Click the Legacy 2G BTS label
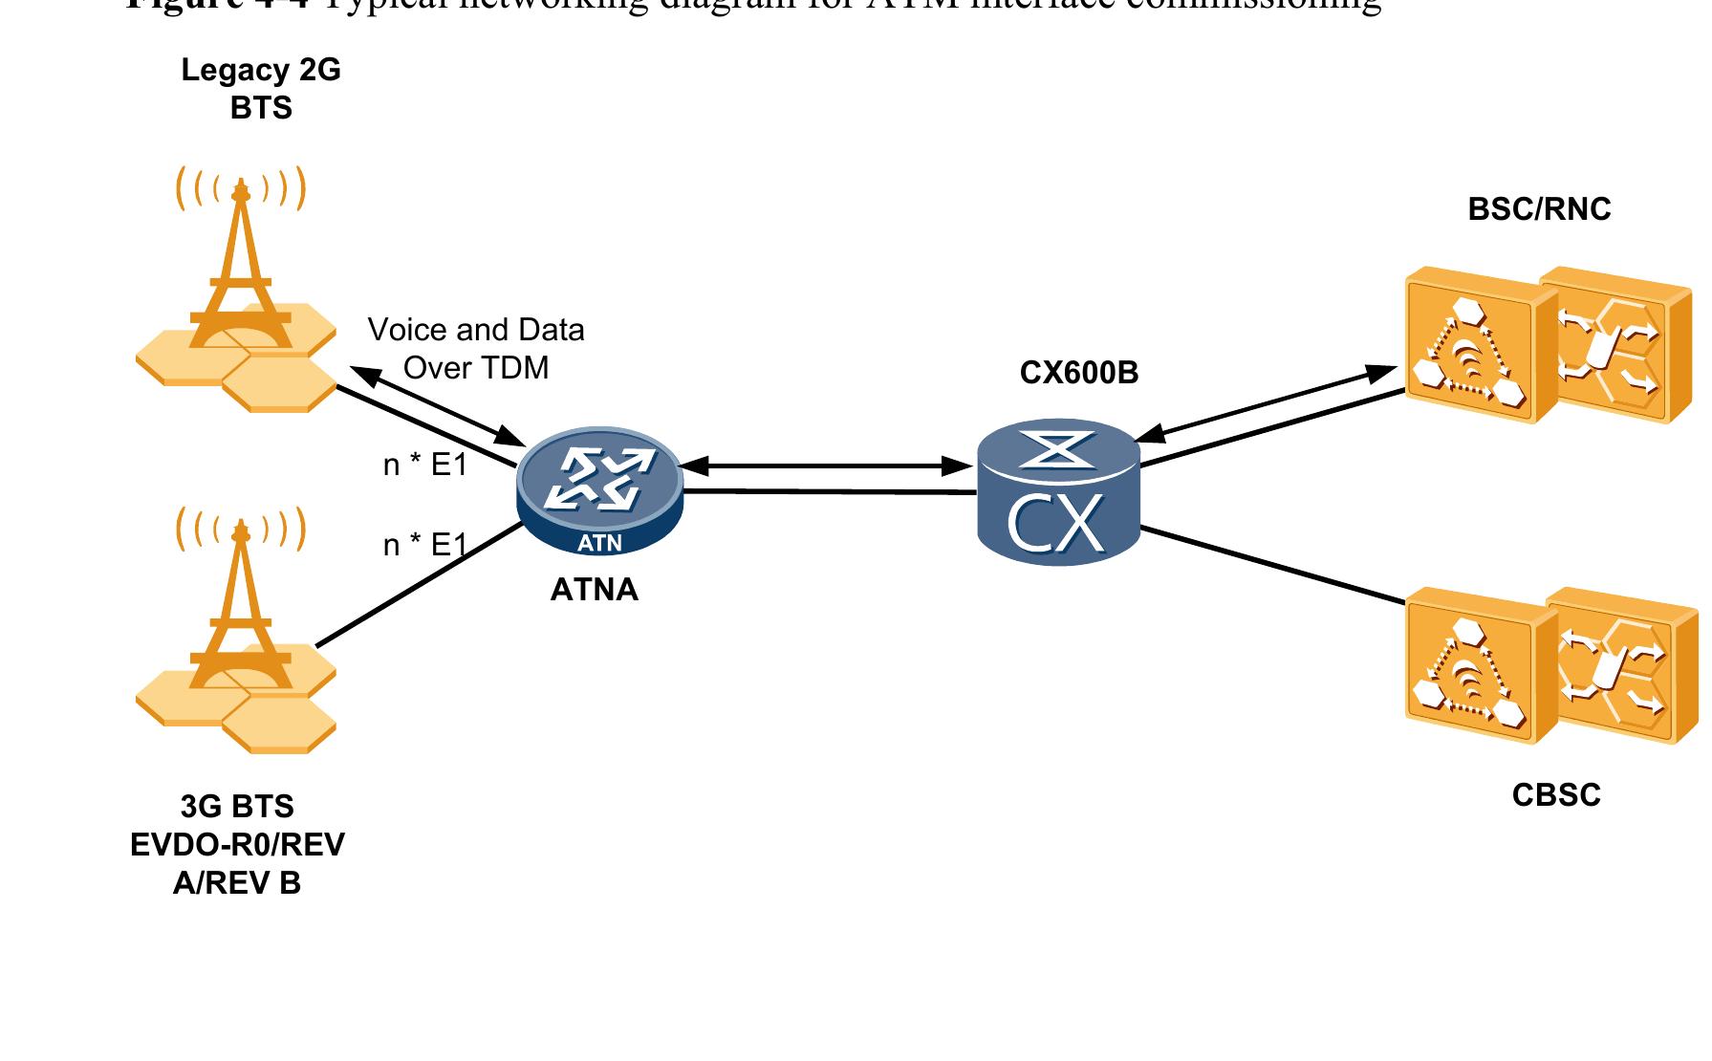[260, 89]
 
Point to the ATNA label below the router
[594, 590]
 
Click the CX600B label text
[1078, 373]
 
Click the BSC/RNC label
[1538, 209]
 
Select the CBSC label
[1555, 795]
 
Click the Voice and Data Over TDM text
[476, 349]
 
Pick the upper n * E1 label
[424, 466]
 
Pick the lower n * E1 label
[424, 545]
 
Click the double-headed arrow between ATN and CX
[826, 466]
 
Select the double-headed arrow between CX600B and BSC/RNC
[1267, 402]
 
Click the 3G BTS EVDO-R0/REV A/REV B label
[237, 845]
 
